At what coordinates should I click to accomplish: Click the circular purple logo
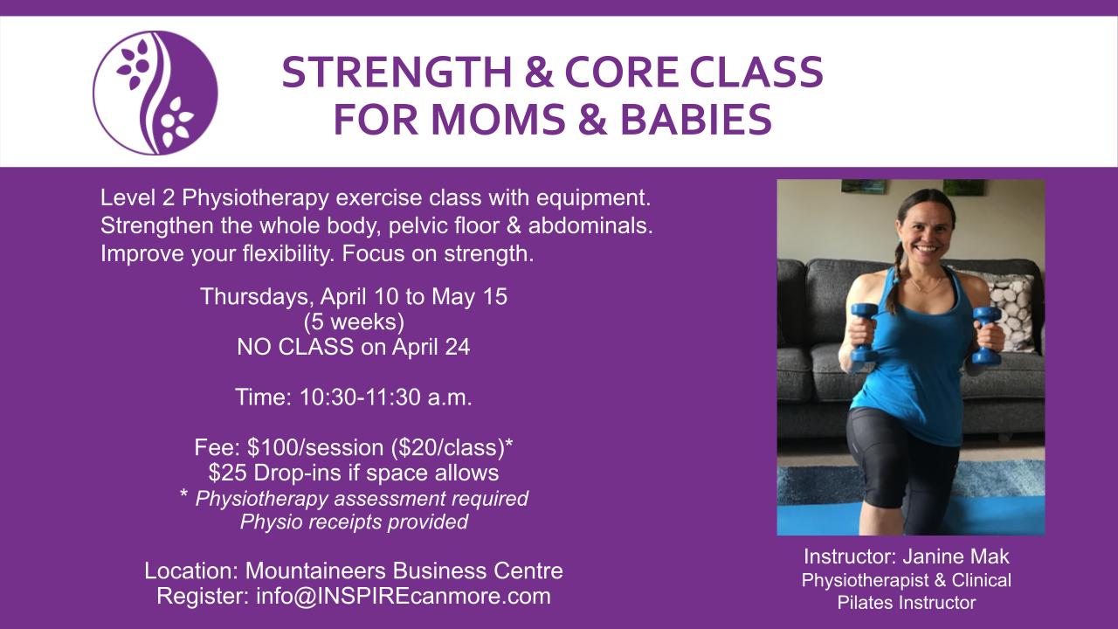click(x=155, y=93)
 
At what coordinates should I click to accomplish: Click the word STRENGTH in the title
click(x=397, y=73)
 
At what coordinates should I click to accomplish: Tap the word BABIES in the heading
click(x=696, y=120)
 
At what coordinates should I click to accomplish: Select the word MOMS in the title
click(x=499, y=120)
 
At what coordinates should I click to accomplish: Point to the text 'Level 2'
click(x=137, y=198)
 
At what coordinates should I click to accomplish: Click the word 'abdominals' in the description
click(x=590, y=225)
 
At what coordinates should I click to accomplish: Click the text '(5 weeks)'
click(x=354, y=322)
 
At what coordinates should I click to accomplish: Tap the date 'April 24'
click(x=431, y=348)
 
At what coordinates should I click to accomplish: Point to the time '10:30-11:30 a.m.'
click(x=385, y=397)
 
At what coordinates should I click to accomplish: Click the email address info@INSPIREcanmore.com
click(x=404, y=597)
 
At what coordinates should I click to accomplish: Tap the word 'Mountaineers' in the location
click(x=316, y=571)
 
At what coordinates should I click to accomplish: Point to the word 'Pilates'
click(x=866, y=603)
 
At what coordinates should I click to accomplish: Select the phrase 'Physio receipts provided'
click(x=354, y=522)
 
